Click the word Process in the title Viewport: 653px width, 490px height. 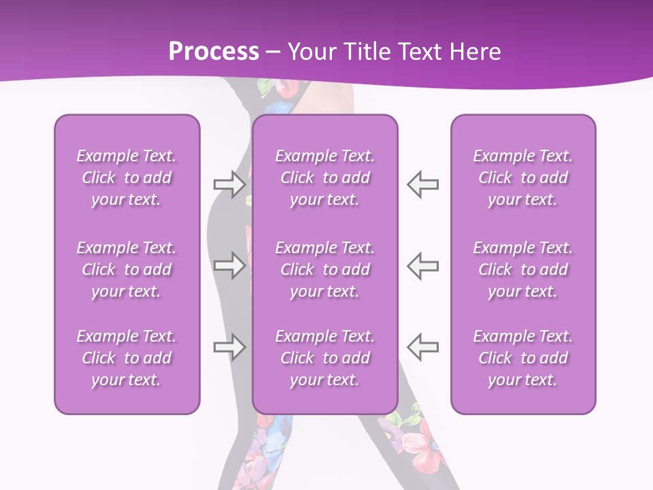click(x=214, y=52)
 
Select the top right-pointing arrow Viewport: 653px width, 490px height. click(x=229, y=184)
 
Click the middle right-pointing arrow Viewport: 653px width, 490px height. click(x=229, y=265)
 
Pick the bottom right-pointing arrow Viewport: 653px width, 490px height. click(x=229, y=346)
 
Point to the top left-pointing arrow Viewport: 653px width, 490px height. click(x=422, y=184)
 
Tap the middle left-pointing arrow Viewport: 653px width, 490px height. click(x=422, y=265)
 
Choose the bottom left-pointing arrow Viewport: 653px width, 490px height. click(x=422, y=346)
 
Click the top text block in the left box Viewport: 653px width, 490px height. click(x=127, y=178)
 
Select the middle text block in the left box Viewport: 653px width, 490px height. click(x=127, y=269)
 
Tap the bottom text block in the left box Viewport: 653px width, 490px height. click(x=127, y=358)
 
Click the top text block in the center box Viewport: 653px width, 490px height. click(x=325, y=178)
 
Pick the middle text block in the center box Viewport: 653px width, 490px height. click(x=325, y=269)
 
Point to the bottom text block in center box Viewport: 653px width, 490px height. click(x=325, y=358)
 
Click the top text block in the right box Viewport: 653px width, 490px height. click(x=523, y=178)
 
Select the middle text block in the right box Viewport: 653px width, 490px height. click(x=523, y=269)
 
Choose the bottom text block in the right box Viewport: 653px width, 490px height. click(x=523, y=358)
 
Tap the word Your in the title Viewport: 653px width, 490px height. click(x=309, y=52)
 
